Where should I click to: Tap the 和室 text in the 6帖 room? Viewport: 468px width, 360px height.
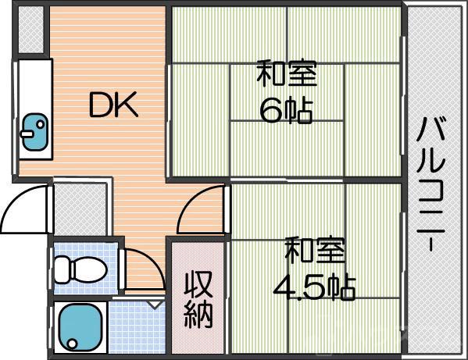(x=286, y=76)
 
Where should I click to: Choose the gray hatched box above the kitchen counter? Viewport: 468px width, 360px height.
(x=31, y=31)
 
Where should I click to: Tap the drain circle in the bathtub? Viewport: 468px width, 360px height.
(x=71, y=341)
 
